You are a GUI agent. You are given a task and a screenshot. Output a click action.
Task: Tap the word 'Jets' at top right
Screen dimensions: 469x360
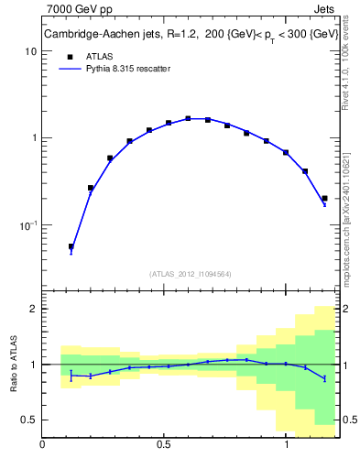(324, 10)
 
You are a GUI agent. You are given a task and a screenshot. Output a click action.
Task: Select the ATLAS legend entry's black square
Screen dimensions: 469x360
(68, 55)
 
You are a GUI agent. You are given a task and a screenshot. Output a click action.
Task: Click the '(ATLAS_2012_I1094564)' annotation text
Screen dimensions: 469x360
(191, 273)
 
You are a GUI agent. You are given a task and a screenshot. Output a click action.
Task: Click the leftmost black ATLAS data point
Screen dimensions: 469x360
(71, 246)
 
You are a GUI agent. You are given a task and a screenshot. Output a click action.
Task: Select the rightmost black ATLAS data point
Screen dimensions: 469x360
(325, 198)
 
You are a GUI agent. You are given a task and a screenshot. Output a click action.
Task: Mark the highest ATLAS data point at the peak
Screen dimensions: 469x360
(188, 118)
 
